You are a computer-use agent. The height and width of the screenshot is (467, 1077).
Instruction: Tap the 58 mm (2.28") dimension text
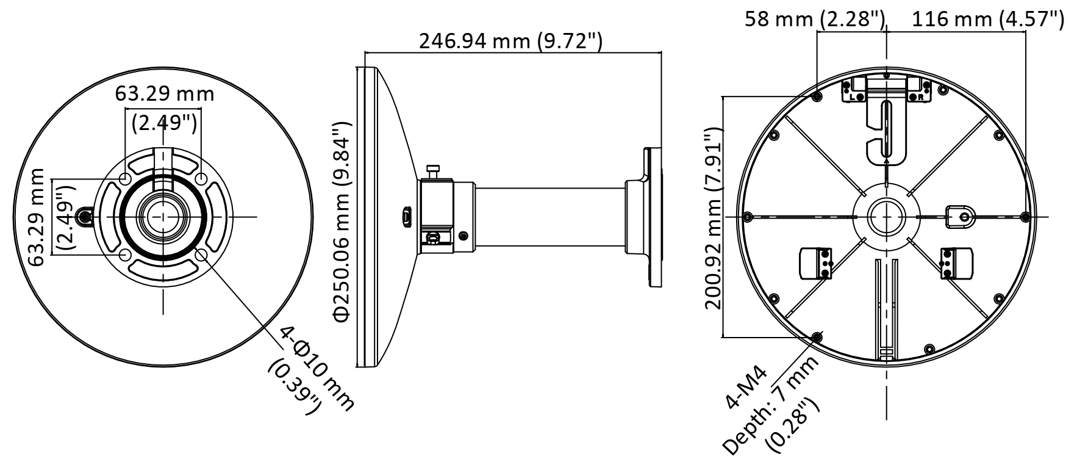(x=814, y=20)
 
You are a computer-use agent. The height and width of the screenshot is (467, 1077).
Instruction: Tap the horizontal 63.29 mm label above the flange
(x=165, y=94)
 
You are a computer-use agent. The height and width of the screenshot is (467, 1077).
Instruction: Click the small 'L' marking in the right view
(x=852, y=96)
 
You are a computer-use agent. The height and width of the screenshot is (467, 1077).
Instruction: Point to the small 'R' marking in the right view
(x=921, y=96)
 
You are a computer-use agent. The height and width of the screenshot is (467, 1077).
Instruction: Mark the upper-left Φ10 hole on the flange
(x=125, y=178)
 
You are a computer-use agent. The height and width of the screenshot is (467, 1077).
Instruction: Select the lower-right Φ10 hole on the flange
(x=202, y=255)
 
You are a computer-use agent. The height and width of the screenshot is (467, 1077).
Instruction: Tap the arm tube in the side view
(x=549, y=218)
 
